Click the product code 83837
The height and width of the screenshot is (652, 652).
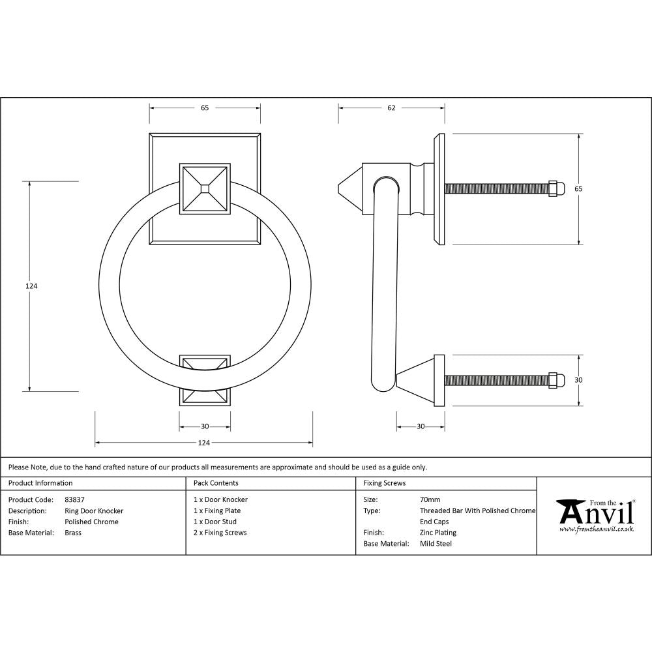pos(75,500)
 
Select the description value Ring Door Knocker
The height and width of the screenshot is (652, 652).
pos(94,511)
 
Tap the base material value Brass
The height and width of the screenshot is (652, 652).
pos(73,533)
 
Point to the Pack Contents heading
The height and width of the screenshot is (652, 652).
pos(216,483)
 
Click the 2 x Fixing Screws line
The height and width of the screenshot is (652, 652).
pos(220,533)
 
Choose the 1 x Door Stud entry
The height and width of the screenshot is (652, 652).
pos(215,522)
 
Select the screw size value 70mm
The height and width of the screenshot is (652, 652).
pos(430,500)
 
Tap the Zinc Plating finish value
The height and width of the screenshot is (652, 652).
pos(438,533)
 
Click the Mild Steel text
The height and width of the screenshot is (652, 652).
pos(436,544)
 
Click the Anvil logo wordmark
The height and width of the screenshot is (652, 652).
pos(596,514)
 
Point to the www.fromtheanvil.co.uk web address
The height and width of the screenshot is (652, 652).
pos(596,529)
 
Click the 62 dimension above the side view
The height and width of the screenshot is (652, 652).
pos(391,108)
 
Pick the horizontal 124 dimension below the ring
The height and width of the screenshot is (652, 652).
pos(203,443)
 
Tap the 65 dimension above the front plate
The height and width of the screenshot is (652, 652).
pos(205,108)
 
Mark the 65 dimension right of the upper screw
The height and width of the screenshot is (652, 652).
pos(578,188)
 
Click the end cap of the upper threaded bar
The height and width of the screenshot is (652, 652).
pos(556,188)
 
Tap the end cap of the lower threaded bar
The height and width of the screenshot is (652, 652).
pos(556,380)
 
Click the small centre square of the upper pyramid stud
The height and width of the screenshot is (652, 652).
pos(205,188)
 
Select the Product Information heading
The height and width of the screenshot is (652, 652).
pos(40,483)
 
